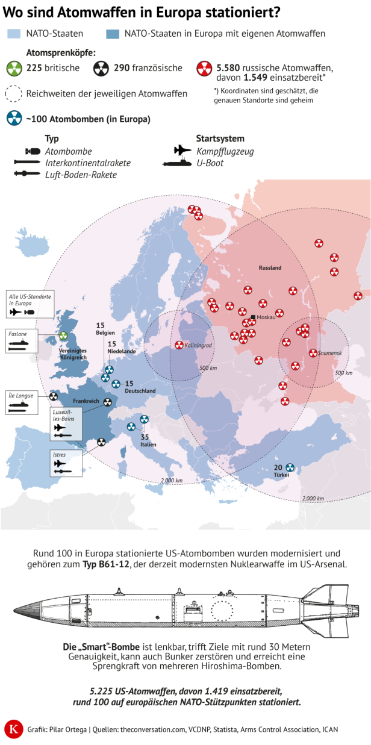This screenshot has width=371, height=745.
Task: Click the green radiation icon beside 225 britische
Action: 16,67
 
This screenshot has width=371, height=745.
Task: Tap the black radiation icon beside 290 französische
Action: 101,68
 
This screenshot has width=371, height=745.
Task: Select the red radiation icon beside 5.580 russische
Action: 204,68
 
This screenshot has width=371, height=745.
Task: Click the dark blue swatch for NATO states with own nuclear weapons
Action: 112,34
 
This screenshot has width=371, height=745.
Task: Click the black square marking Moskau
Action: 253,317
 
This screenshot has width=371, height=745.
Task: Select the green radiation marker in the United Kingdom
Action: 64,336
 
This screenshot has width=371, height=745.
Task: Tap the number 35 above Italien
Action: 145,437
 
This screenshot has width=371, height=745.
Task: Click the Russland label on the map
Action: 270,267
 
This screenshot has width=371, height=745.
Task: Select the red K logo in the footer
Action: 12,729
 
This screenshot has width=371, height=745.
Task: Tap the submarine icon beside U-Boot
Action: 178,163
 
